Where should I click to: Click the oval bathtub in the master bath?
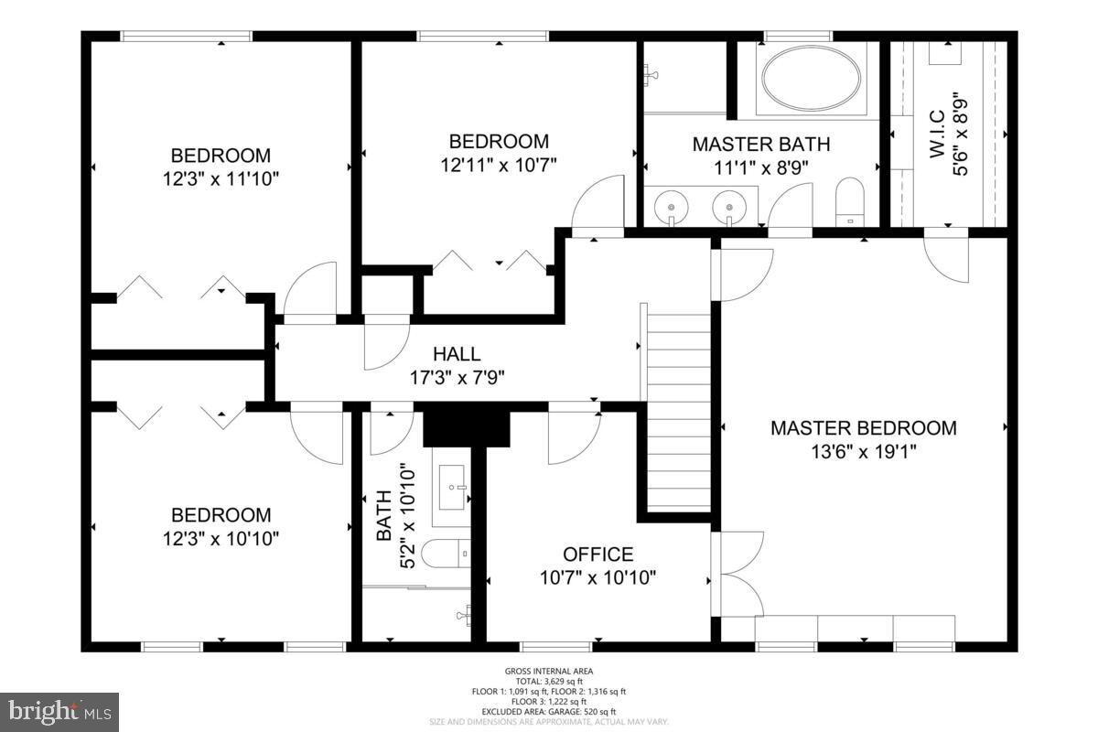point(812,78)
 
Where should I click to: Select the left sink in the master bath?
point(672,206)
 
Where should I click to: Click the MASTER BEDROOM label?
point(863,427)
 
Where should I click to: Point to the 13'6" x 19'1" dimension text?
point(863,450)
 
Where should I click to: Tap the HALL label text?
point(456,354)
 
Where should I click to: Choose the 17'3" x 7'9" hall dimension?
point(456,376)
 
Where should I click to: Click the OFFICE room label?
point(597,554)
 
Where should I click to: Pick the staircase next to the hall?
point(678,412)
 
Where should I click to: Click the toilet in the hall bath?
point(447,554)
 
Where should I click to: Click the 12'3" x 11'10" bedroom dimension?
point(221,178)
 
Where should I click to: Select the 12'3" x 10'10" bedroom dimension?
point(221,538)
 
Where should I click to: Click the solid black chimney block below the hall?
point(467,425)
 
